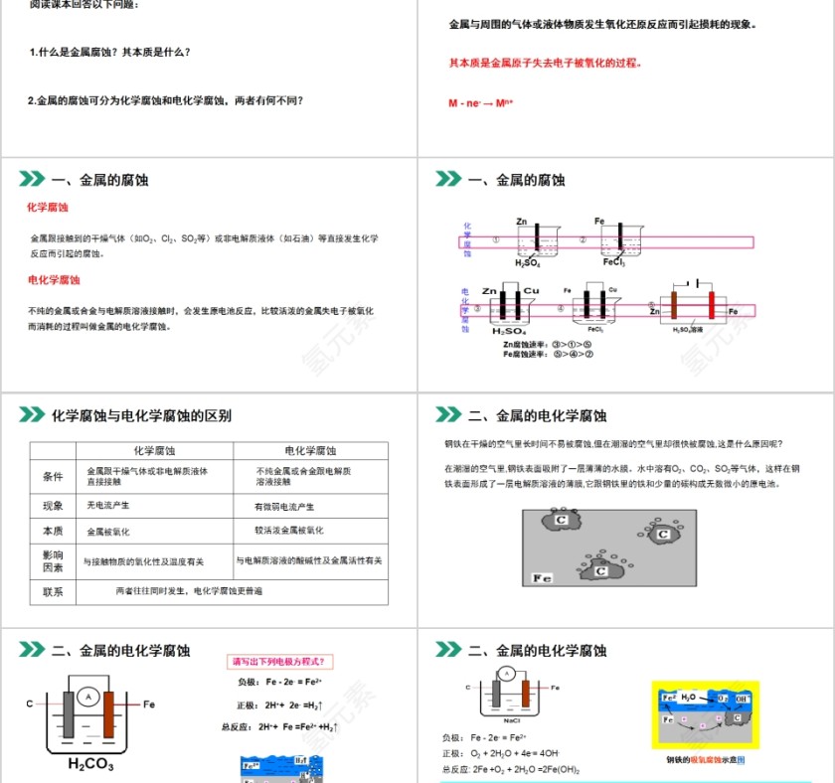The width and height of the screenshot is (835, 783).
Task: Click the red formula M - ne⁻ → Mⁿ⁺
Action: click(481, 101)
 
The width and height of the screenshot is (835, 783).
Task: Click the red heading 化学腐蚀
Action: click(47, 208)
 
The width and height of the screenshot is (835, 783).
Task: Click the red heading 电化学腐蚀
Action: click(53, 280)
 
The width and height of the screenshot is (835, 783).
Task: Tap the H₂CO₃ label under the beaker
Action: click(90, 765)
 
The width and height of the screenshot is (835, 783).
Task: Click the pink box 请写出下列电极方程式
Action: click(281, 661)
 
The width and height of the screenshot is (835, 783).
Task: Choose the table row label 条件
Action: click(53, 477)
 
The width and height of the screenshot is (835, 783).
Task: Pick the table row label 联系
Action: click(53, 592)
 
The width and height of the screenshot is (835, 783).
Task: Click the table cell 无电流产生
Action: click(108, 506)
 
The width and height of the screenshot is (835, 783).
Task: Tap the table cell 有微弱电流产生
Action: click(289, 506)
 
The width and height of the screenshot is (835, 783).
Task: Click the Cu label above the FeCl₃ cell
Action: click(612, 289)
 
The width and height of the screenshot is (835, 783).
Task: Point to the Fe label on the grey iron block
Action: click(542, 577)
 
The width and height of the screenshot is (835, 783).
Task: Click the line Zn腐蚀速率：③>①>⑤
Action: click(548, 345)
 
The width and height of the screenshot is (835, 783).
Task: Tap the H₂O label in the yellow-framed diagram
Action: click(689, 698)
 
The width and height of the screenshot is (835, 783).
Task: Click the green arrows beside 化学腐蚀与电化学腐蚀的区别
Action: click(32, 415)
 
